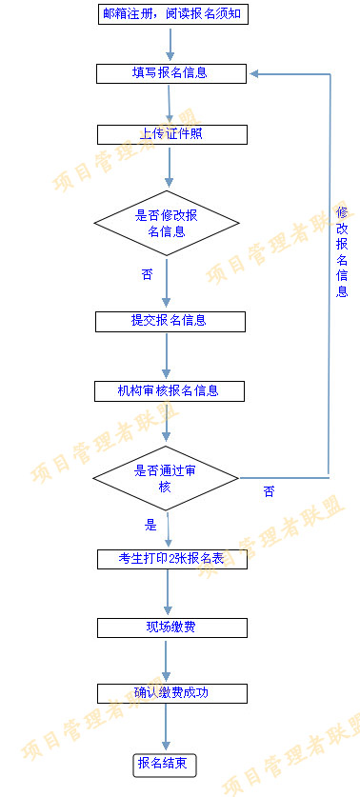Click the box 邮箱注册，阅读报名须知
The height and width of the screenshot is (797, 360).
(x=170, y=13)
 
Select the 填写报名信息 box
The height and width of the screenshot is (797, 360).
(x=170, y=72)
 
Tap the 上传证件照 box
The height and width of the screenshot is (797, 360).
(x=170, y=134)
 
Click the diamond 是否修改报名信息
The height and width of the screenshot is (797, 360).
(x=166, y=223)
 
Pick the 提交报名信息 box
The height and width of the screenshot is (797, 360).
(x=170, y=321)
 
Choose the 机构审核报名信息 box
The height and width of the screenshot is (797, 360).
(x=170, y=390)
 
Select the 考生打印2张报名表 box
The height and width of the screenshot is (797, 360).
(x=170, y=559)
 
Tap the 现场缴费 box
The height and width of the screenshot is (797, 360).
(x=170, y=628)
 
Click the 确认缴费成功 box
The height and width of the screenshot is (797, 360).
(x=170, y=692)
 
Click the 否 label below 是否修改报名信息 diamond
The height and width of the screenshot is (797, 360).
(x=147, y=274)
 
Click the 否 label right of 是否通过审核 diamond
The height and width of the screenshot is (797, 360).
(x=269, y=491)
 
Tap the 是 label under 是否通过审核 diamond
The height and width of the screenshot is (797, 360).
(x=150, y=524)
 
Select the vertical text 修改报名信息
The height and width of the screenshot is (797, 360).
(x=342, y=251)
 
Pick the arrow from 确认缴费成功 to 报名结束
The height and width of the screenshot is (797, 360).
(x=168, y=727)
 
